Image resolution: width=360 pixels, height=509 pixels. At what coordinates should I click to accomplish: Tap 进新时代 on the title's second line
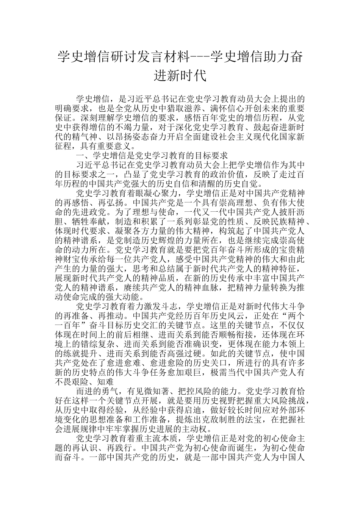(x=180, y=76)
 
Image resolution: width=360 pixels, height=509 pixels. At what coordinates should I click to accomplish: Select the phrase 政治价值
(x=227, y=174)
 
